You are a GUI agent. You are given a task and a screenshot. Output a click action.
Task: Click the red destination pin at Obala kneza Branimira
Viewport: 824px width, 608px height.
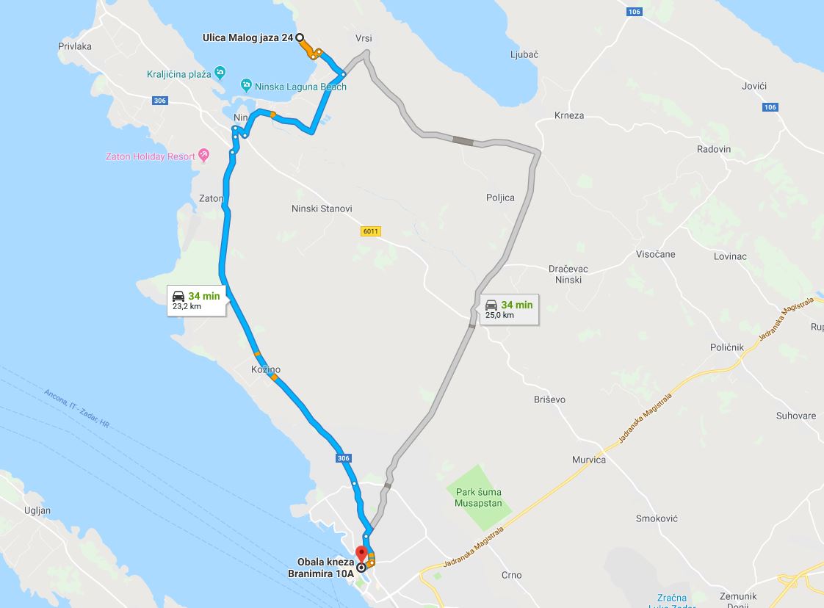pos(361,554)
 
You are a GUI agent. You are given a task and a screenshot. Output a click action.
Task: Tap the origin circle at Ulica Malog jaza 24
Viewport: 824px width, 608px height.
pos(300,37)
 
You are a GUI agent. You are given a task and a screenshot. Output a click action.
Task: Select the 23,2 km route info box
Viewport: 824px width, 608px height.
pos(195,300)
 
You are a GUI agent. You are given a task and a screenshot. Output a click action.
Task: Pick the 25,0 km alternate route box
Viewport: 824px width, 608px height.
pos(508,308)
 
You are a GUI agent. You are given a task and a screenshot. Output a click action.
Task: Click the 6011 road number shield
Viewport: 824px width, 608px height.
pos(370,231)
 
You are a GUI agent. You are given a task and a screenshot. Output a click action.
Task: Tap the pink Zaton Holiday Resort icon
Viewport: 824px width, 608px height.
pos(204,156)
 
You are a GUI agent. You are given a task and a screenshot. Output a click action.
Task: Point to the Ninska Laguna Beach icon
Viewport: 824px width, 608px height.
pos(247,86)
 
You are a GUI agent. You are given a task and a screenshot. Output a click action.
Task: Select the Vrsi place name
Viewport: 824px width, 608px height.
pos(365,38)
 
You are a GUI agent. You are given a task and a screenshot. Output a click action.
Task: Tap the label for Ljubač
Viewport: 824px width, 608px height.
pos(524,54)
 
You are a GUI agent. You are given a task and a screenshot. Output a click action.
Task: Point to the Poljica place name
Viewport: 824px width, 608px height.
pos(500,197)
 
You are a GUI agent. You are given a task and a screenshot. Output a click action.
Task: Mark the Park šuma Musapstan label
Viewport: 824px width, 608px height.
pos(478,498)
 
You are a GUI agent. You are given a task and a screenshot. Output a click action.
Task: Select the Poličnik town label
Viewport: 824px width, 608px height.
pos(727,347)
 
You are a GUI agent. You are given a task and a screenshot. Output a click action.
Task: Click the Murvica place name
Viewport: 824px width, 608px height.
pos(589,460)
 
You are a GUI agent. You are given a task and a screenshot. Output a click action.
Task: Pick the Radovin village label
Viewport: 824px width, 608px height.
pos(714,149)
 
